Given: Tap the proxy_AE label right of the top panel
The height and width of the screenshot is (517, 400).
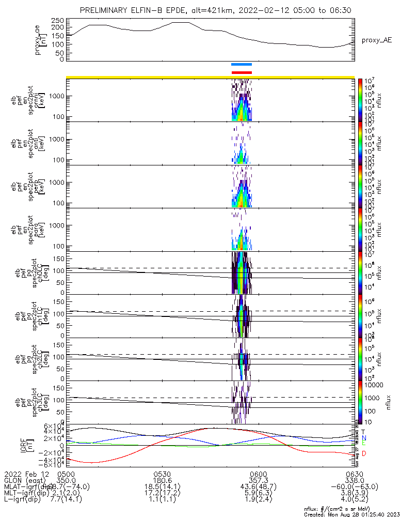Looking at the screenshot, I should (x=377, y=40).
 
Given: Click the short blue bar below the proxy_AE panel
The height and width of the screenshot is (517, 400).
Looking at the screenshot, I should (x=242, y=65).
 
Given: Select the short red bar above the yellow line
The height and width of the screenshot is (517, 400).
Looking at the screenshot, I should (x=242, y=72).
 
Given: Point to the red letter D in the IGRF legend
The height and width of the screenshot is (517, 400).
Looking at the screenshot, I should (x=364, y=453).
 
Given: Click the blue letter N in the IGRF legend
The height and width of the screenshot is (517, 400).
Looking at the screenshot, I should (x=364, y=438).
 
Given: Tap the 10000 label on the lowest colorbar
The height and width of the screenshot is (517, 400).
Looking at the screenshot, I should (x=373, y=385).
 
